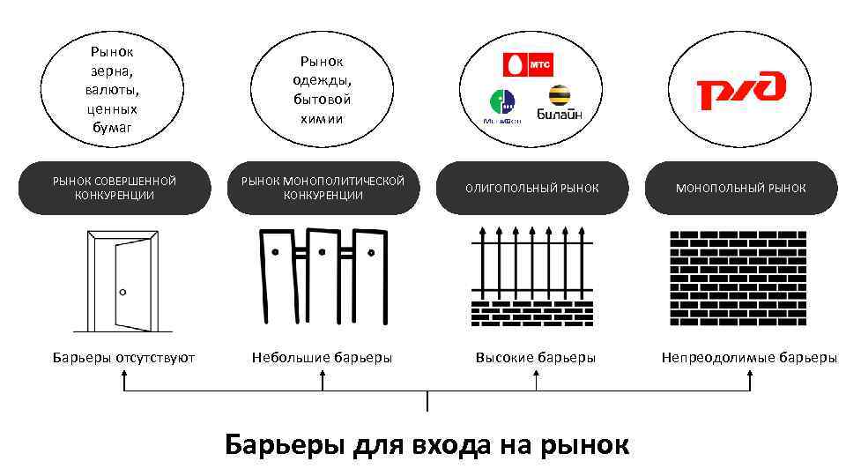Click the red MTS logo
(527, 64)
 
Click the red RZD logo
(740, 89)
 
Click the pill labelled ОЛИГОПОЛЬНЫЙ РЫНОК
(532, 188)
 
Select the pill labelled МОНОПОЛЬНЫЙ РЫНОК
(740, 188)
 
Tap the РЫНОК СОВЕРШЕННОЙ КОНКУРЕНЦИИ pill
(115, 188)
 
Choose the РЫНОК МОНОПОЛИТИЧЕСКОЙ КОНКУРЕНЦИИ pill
(323, 188)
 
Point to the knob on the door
(123, 292)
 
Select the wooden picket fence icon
(323, 275)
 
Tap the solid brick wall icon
(738, 277)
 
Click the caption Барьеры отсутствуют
(123, 357)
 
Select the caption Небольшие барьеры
(322, 357)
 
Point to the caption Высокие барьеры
(536, 357)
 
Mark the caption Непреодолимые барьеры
(749, 357)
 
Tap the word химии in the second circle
(322, 118)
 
